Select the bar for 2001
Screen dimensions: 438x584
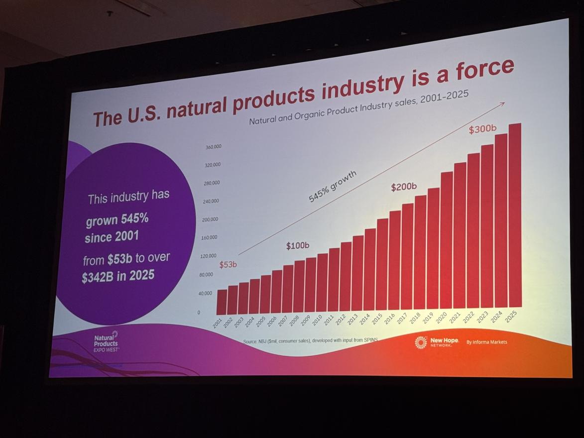[222, 302]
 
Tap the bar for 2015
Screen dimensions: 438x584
[382, 264]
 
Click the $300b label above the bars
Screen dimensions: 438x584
[482, 129]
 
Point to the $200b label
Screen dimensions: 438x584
[403, 188]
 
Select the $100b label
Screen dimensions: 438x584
[298, 246]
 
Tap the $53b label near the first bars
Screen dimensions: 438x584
[228, 265]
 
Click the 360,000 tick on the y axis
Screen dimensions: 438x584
[213, 147]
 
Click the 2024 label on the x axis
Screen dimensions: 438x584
[496, 317]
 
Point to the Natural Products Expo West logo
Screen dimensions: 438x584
[107, 342]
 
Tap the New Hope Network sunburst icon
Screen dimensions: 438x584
[421, 342]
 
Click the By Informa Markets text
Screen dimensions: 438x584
[486, 342]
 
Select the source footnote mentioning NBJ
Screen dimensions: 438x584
[311, 341]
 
